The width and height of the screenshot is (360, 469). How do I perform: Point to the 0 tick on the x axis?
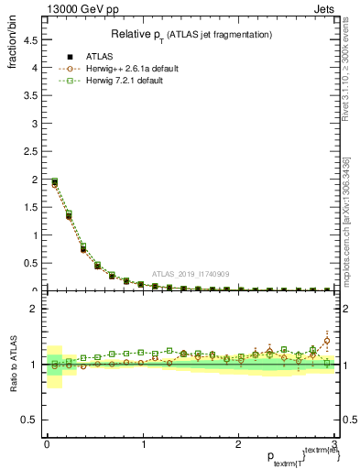point(47,445)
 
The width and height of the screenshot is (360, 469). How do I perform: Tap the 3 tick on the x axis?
point(334,445)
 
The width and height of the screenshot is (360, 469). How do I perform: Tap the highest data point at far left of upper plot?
point(54,181)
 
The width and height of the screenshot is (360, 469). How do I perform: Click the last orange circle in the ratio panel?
point(327,341)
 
